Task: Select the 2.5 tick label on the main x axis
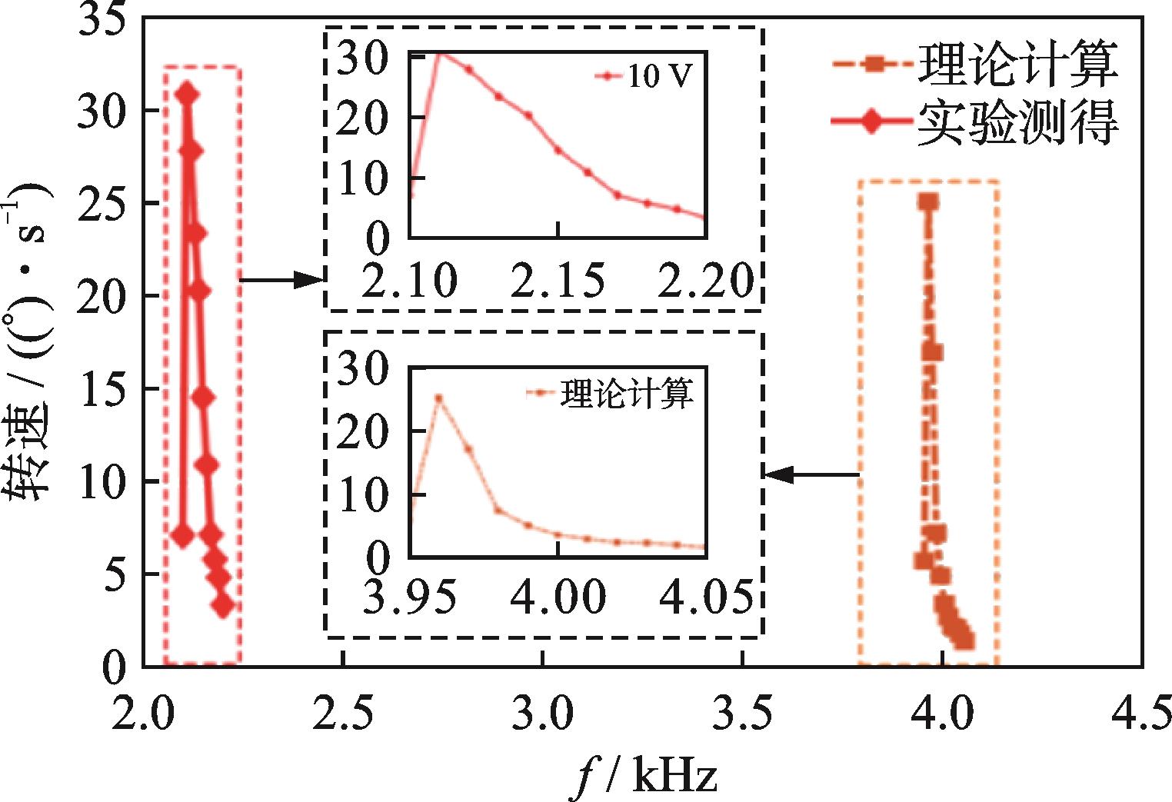pos(343,716)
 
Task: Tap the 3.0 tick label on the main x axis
pos(543,716)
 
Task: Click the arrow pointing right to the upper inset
pos(281,279)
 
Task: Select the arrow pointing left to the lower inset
pos(812,475)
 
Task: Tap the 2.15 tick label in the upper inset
pos(558,281)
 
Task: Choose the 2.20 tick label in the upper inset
pos(706,281)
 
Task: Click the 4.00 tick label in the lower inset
pos(558,597)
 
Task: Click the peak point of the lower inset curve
pos(438,398)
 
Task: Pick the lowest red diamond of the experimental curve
pos(223,607)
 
